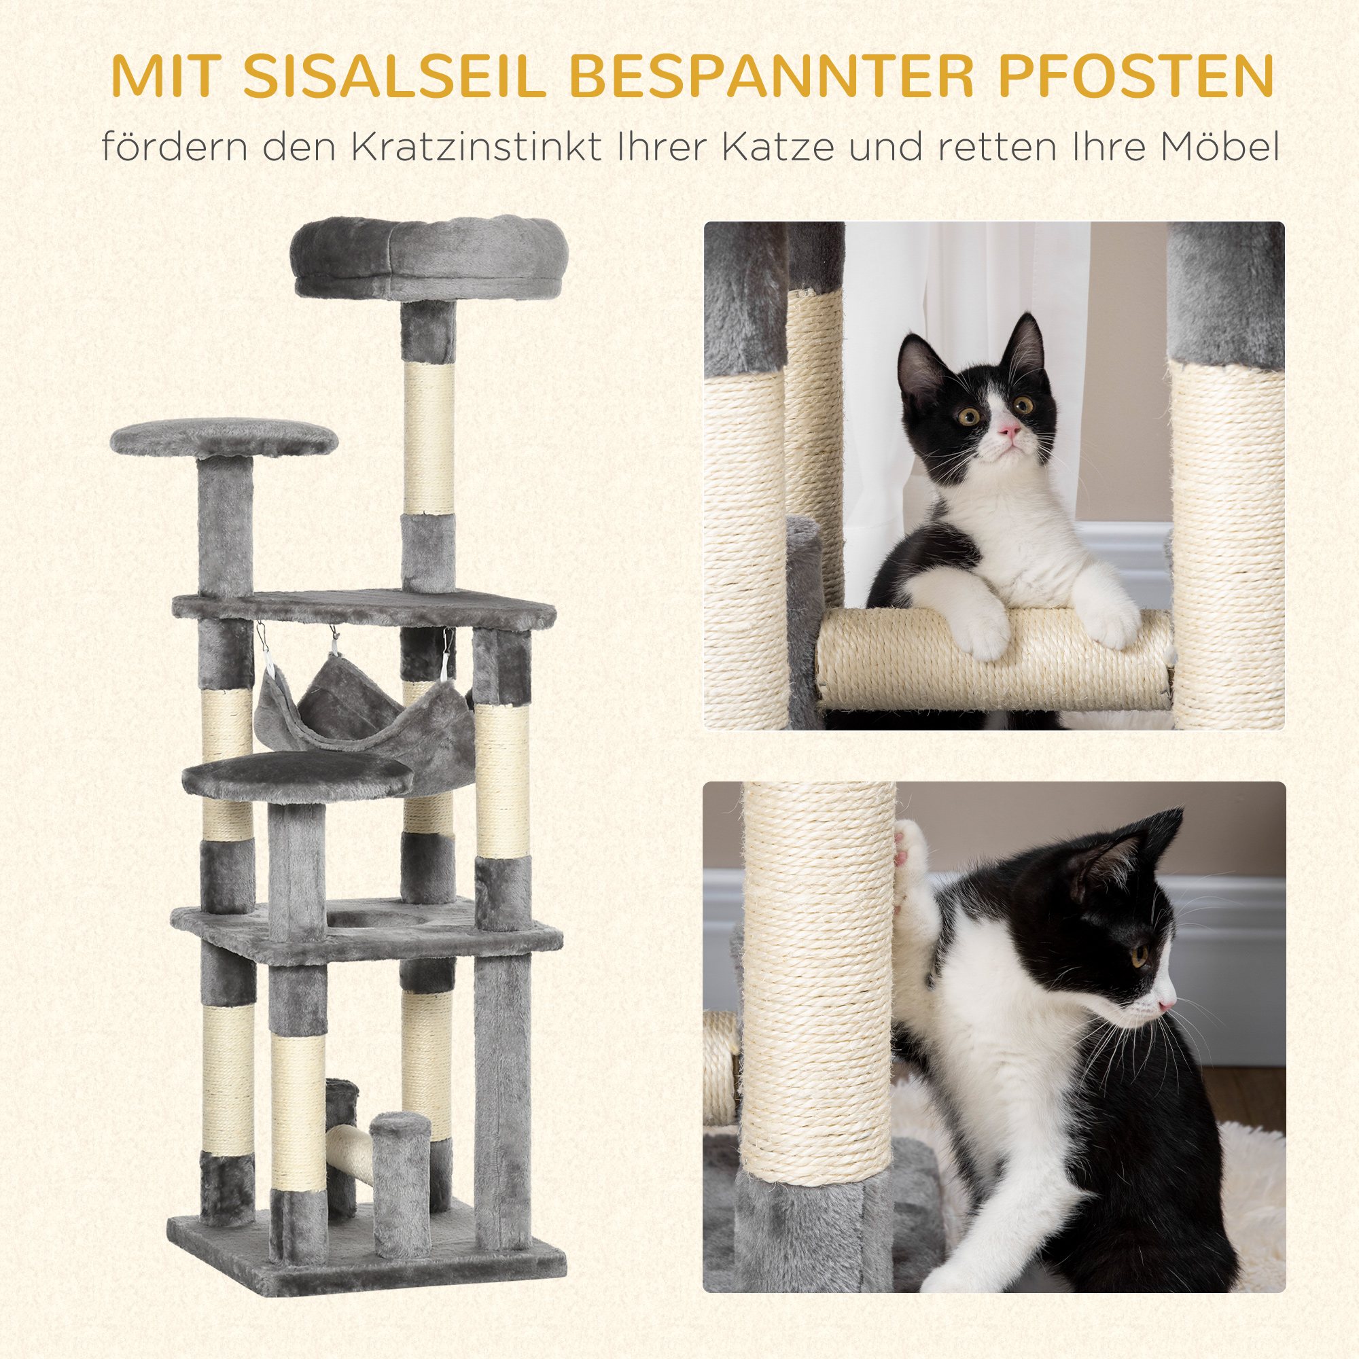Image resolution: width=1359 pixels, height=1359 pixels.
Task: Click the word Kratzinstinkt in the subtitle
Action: pos(476,147)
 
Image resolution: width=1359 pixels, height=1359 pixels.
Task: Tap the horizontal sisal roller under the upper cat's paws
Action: pos(992,665)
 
